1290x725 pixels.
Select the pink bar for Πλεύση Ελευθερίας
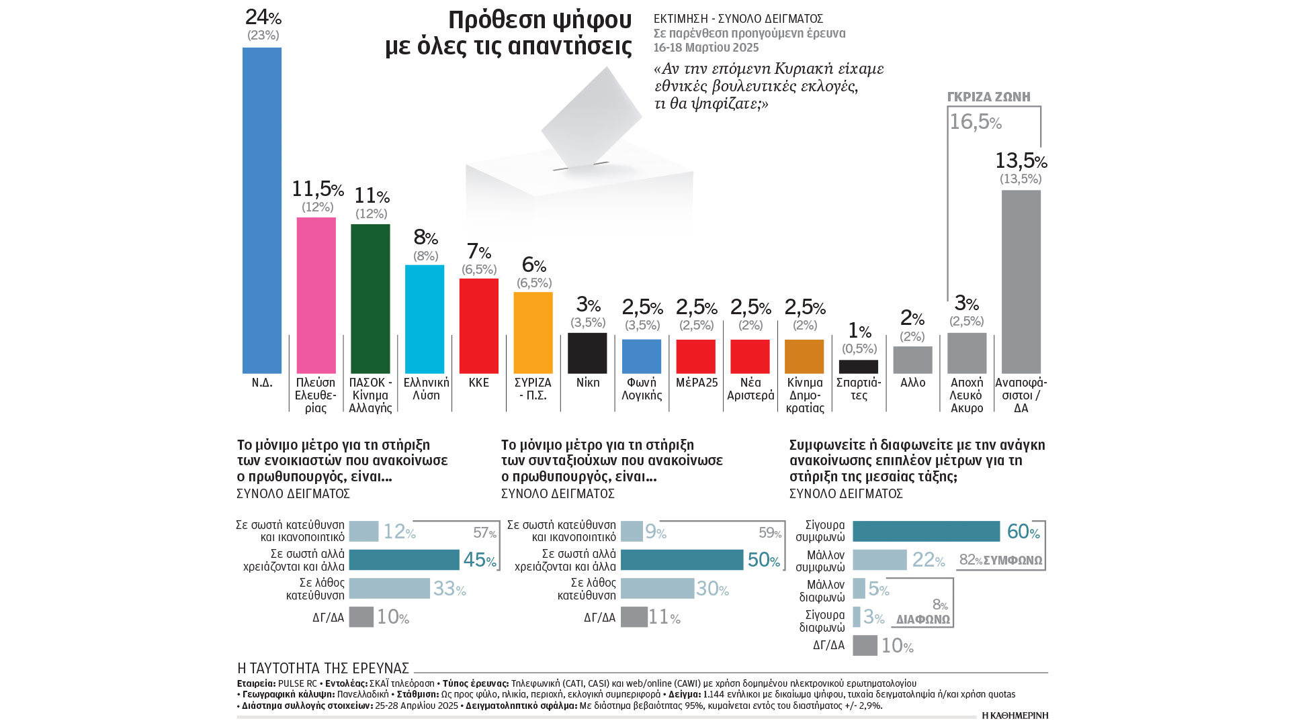click(x=316, y=295)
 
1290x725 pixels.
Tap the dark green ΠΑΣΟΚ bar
click(x=370, y=299)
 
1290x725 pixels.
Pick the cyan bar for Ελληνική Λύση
click(x=425, y=319)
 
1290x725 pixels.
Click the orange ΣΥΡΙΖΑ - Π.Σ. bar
click(x=533, y=332)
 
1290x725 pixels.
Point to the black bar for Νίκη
click(x=587, y=353)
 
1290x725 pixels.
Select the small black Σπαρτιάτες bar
click(x=859, y=367)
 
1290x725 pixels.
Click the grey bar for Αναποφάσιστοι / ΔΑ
click(x=1021, y=282)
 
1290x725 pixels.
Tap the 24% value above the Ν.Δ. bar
click(x=263, y=17)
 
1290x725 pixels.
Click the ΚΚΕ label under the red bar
click(x=479, y=383)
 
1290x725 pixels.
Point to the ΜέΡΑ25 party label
click(x=697, y=383)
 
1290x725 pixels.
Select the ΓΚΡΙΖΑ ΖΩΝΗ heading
click(x=988, y=97)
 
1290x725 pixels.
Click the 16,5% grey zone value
click(x=975, y=122)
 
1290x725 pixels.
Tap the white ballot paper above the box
click(x=591, y=117)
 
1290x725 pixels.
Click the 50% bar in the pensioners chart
click(x=682, y=560)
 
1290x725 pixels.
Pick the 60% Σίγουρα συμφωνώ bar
click(x=926, y=531)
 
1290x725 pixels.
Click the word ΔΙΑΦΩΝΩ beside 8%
click(x=923, y=620)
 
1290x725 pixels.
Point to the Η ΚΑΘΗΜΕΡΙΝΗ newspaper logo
click(x=1015, y=716)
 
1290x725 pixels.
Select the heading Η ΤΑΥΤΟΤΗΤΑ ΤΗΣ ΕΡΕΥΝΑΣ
click(x=323, y=669)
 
